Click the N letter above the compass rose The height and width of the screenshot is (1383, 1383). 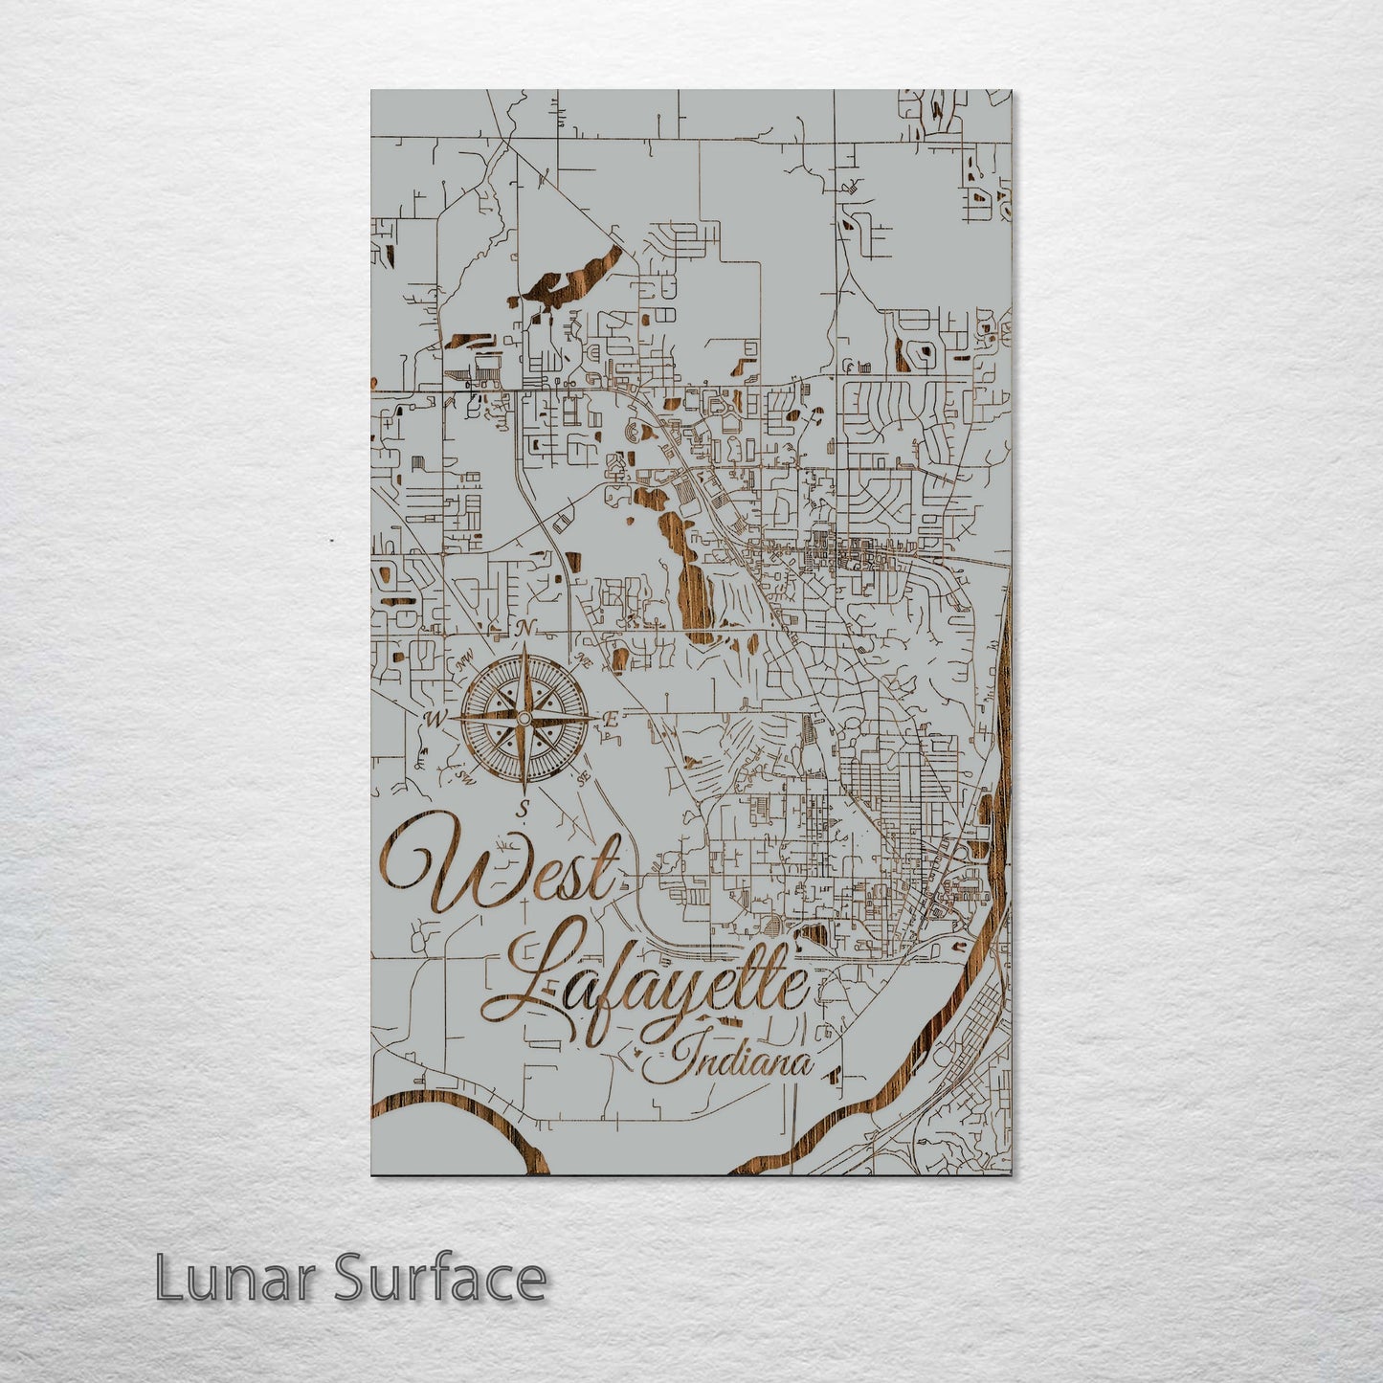tap(524, 629)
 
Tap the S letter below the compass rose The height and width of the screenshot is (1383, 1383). tap(523, 809)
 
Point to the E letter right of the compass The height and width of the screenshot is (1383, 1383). tap(611, 720)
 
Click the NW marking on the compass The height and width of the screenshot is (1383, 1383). tap(466, 661)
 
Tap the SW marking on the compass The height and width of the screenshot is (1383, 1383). tap(466, 774)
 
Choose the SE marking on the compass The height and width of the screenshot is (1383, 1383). tap(581, 776)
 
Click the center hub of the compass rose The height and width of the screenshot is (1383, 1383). tap(524, 717)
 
